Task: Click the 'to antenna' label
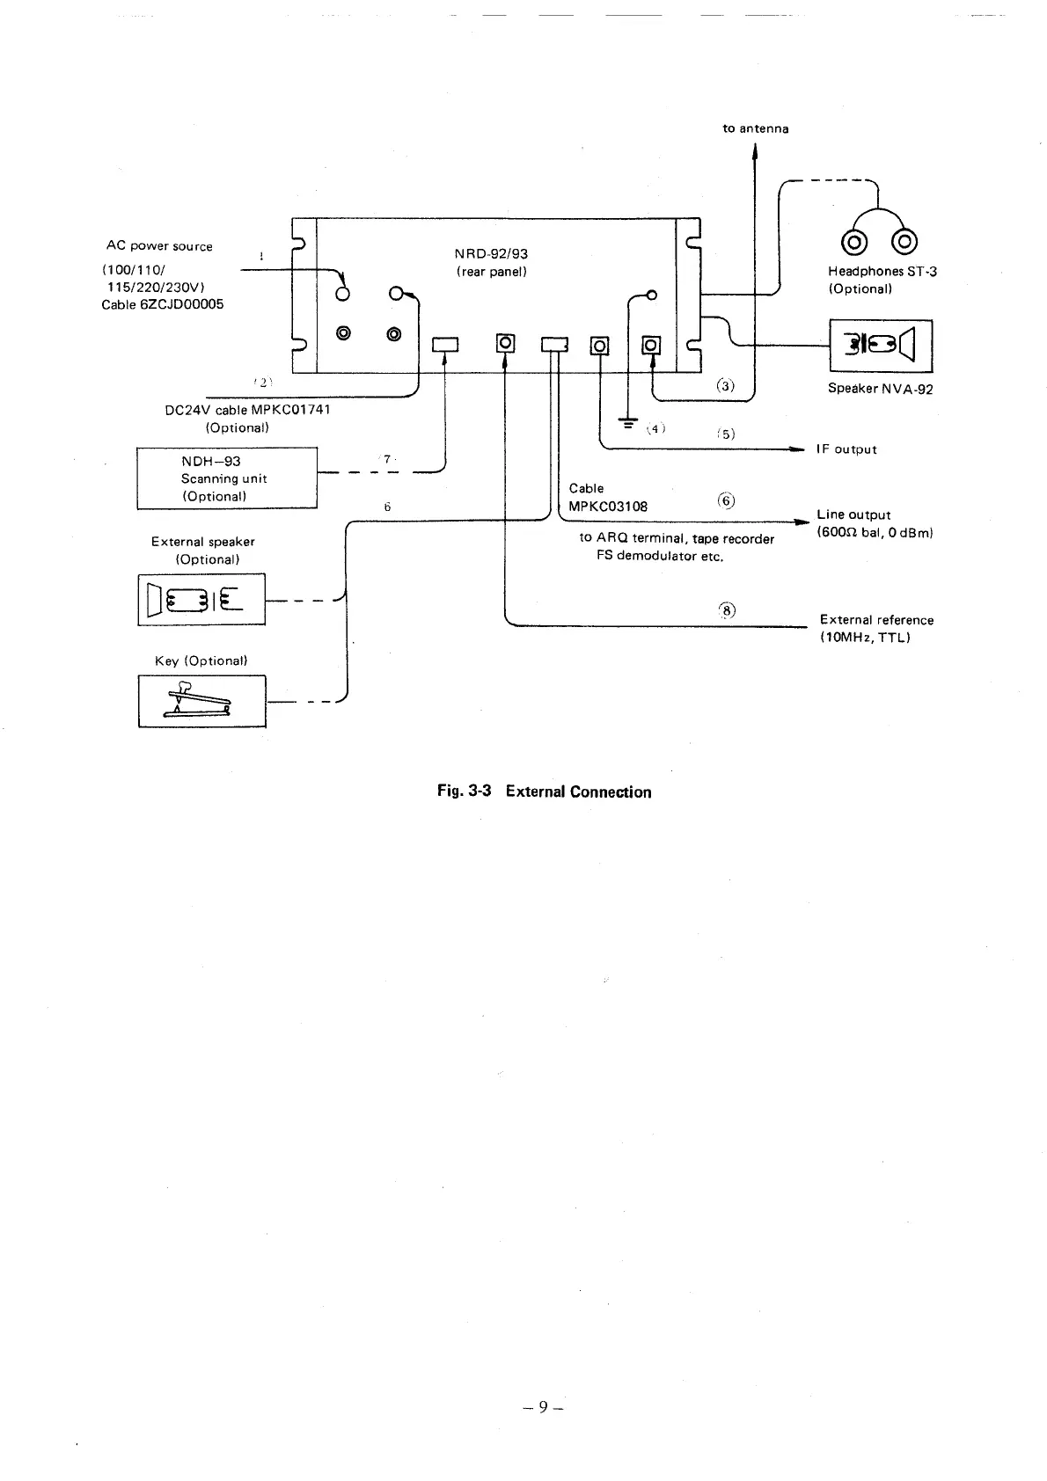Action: point(755,129)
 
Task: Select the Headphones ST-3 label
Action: point(882,272)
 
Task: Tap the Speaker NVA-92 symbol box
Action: point(881,346)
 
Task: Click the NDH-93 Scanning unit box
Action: point(226,478)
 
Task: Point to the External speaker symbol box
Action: point(201,599)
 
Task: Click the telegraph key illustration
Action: point(201,701)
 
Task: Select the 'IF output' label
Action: point(846,449)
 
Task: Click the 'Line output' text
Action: point(853,514)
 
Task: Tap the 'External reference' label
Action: point(876,620)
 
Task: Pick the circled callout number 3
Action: point(724,385)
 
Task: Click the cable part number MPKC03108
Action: point(608,507)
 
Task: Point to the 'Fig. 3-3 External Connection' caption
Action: point(544,792)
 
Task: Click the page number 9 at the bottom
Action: point(543,1407)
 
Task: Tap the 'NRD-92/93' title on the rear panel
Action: point(491,254)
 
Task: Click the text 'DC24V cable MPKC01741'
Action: point(247,410)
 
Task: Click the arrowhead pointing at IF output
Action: point(797,449)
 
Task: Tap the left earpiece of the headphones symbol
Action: point(853,239)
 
